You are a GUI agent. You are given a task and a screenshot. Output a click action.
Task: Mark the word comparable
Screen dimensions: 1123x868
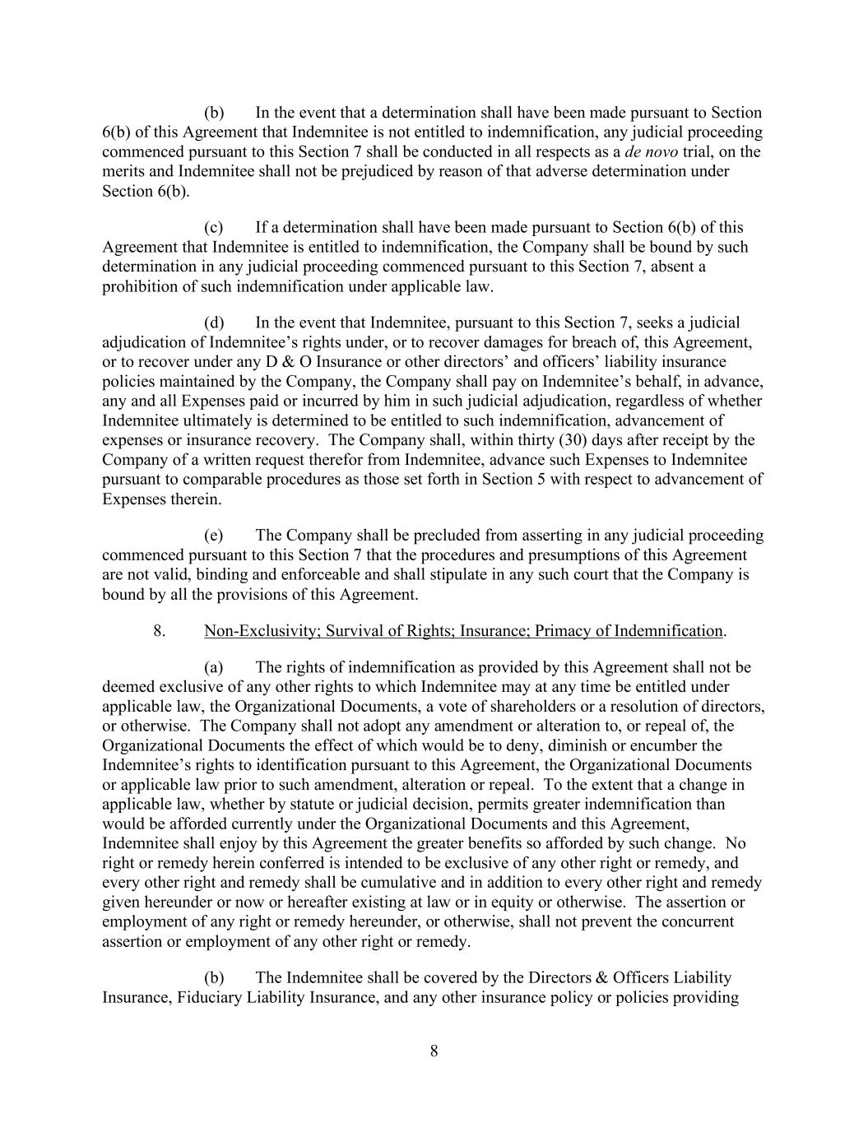207,480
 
